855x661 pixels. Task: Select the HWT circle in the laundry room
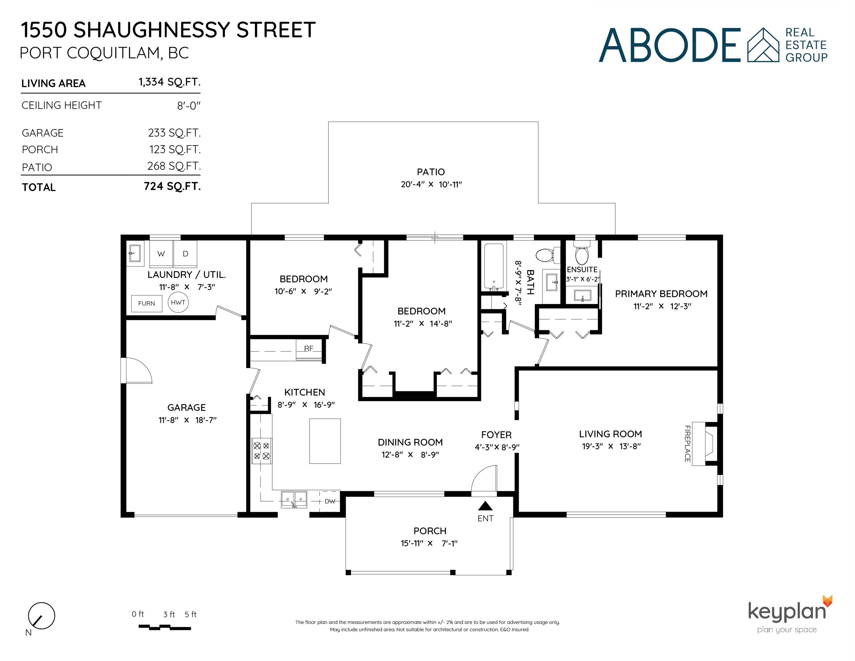(x=178, y=302)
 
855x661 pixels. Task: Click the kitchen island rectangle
(x=325, y=441)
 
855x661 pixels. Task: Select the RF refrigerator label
(x=309, y=349)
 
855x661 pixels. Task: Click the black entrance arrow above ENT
(x=486, y=506)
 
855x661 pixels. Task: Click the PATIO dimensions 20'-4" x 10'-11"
(x=431, y=184)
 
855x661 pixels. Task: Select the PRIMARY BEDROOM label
(x=661, y=294)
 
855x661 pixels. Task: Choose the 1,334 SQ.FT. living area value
(x=170, y=82)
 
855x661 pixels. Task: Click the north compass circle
(x=42, y=616)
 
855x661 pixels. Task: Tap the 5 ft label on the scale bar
(x=191, y=615)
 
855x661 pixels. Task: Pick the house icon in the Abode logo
(x=764, y=45)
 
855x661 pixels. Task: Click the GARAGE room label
(x=186, y=408)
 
